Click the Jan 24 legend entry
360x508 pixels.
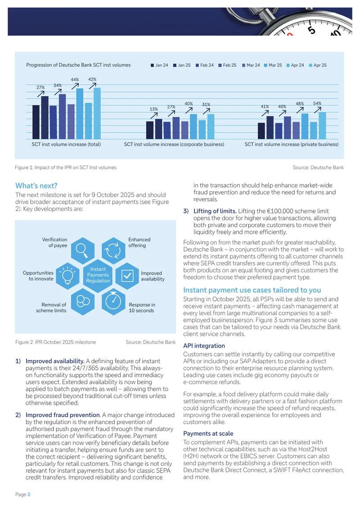[x=159, y=65]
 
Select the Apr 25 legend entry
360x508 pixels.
[x=318, y=65]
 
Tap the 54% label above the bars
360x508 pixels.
[x=317, y=103]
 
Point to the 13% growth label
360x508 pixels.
[x=154, y=109]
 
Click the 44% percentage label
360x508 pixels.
[x=75, y=80]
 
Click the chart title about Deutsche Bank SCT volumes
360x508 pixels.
[x=78, y=65]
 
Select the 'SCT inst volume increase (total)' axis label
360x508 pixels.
[x=66, y=144]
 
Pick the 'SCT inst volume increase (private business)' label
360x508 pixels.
[x=292, y=144]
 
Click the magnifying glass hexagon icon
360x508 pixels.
[x=83, y=249]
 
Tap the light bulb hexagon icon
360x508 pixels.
[x=68, y=276]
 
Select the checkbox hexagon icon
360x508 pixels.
[x=127, y=276]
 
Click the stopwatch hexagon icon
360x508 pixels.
[x=113, y=302]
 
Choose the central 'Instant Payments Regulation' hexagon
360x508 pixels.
[x=98, y=275]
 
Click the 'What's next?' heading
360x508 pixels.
[x=36, y=186]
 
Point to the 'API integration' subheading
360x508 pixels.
[x=204, y=346]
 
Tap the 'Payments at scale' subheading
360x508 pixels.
[x=208, y=433]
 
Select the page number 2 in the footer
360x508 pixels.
[x=29, y=495]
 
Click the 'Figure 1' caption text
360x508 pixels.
[x=66, y=168]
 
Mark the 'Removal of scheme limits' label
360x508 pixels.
[x=51, y=307]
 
